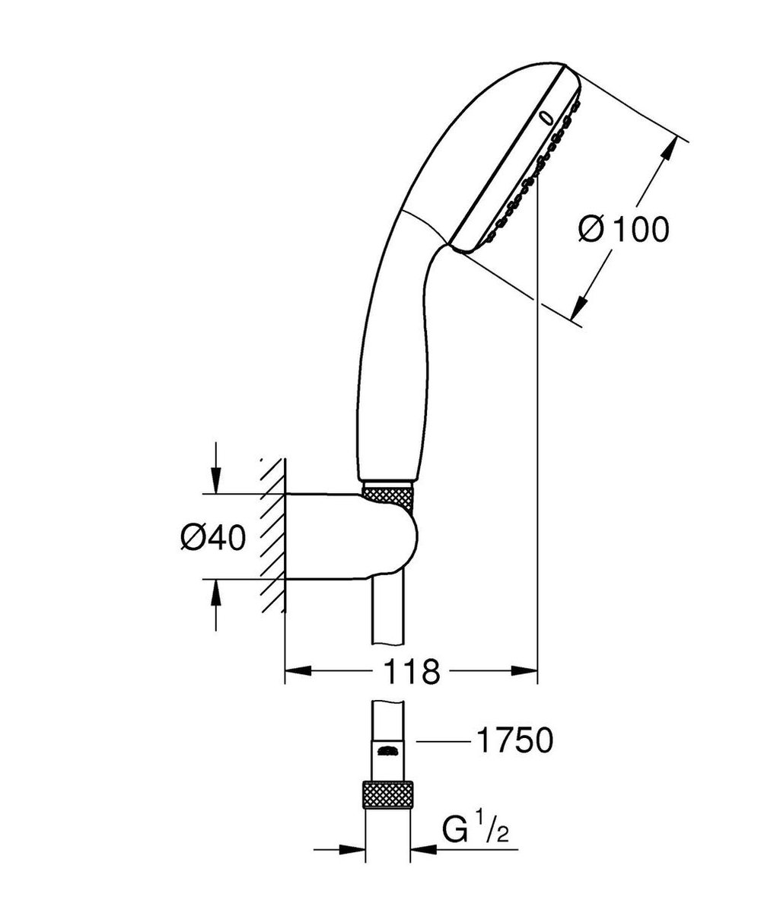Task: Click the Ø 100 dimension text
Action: click(x=623, y=229)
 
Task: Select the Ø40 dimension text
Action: click(x=212, y=538)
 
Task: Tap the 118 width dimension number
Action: click(x=411, y=671)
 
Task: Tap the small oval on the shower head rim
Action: click(x=546, y=118)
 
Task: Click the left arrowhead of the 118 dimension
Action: click(x=297, y=671)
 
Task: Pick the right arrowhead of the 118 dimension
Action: click(x=525, y=671)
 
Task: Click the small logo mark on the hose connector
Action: click(x=389, y=752)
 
